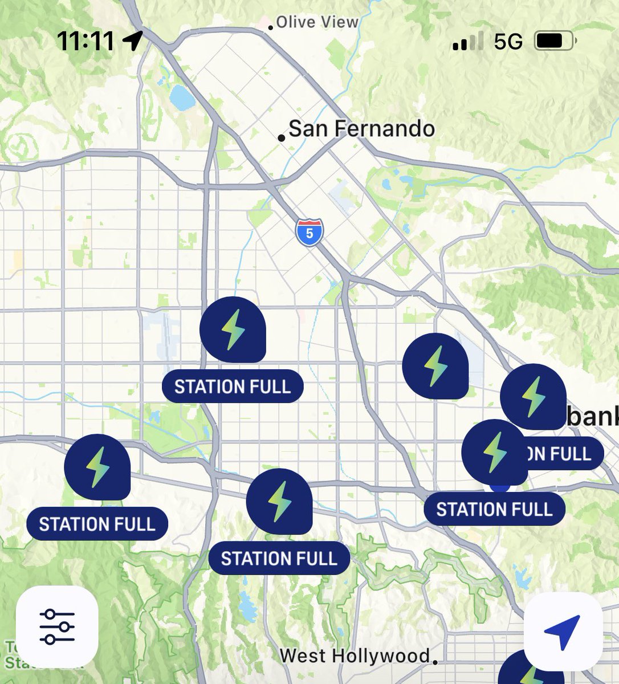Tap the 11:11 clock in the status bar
[85, 41]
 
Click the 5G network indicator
[508, 42]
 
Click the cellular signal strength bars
[468, 42]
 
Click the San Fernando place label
[361, 129]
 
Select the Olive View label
[317, 22]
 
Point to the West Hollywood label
[355, 656]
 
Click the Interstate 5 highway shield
[309, 233]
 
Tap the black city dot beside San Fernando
[281, 137]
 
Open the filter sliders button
[57, 626]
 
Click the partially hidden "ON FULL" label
[564, 454]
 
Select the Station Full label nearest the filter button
[97, 524]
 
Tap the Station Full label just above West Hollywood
[279, 558]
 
